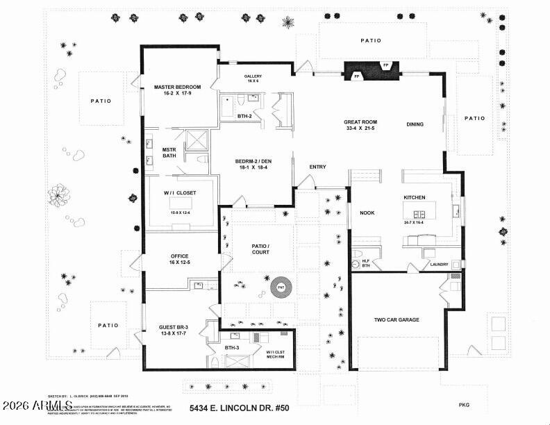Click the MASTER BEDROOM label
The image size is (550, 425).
(x=177, y=87)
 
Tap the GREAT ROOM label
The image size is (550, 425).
(x=360, y=121)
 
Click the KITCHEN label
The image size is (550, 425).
(x=415, y=197)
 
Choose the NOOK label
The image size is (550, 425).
(x=367, y=214)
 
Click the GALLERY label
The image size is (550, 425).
(x=252, y=76)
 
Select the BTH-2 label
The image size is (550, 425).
(x=244, y=116)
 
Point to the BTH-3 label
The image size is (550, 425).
(x=232, y=347)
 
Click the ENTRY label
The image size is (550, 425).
(x=317, y=167)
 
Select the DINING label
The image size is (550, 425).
(x=415, y=125)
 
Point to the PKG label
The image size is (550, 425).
(x=465, y=404)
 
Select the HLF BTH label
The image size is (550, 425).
(x=366, y=262)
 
